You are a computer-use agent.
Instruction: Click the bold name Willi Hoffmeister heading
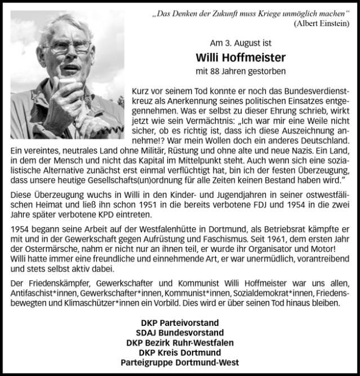241,57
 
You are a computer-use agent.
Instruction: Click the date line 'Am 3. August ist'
241,42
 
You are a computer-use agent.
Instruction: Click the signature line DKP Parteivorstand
179,323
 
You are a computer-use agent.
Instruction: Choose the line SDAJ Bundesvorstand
179,333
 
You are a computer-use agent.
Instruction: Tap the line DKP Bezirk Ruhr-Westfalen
179,343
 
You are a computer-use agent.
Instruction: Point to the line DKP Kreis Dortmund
179,352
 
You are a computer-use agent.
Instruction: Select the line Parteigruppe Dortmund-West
179,362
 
